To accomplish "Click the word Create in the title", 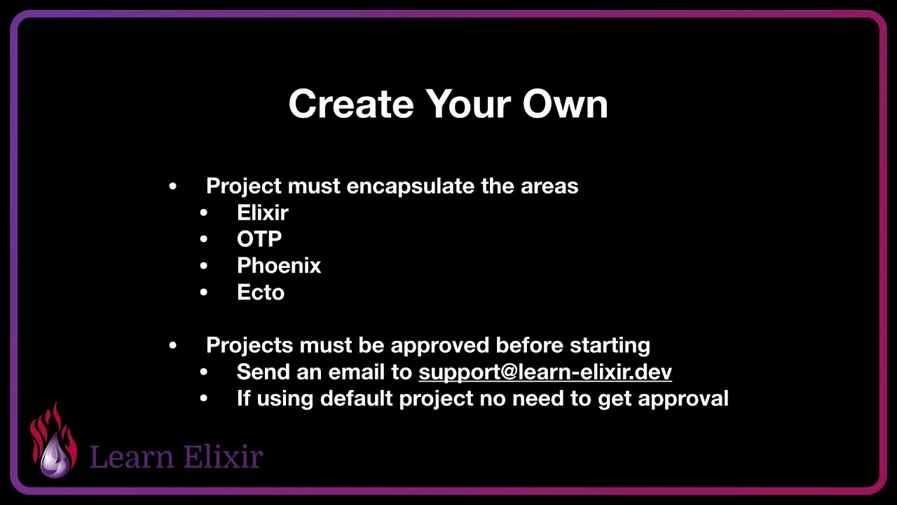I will pos(351,104).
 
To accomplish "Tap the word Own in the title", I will pos(565,104).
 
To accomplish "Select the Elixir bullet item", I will pos(263,213).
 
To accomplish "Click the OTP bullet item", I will pos(259,239).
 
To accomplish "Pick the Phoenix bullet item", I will pos(279,266).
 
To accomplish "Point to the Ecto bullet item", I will pos(261,292).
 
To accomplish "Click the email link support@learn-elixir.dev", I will pos(545,372).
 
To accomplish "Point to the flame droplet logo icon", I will pos(53,442).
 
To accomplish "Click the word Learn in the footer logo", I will pos(132,457).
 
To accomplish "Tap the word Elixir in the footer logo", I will pos(223,457).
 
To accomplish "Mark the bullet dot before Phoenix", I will pos(204,267).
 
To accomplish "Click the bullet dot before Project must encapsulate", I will pos(173,187).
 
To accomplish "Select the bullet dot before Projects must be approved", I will pos(173,346).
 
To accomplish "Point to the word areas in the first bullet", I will pos(549,186).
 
